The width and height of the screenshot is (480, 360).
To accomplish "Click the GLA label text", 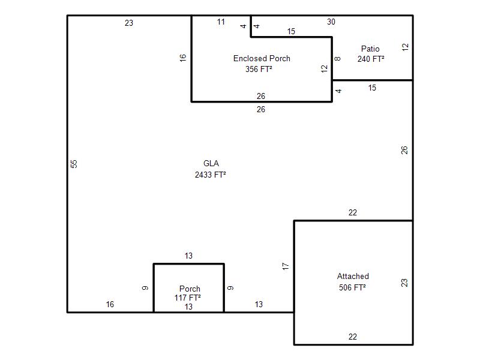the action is coord(211,163).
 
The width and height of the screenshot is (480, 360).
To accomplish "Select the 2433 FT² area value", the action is coord(211,175).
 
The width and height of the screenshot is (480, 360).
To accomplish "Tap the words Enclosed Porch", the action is coord(262,58).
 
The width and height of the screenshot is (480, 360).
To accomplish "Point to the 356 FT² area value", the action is coord(259,69).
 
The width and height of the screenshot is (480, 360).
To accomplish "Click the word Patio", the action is coord(370,49).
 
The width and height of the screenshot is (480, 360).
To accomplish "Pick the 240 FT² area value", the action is coord(371,59).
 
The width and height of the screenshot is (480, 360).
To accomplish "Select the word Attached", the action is coord(353,276).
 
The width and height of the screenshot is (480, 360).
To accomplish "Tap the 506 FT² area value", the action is coord(352,287).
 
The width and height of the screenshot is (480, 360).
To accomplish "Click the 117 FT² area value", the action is coord(188,298).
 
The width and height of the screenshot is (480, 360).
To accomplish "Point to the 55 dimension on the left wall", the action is coord(74,164).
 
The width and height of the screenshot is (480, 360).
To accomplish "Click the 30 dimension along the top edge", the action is coord(331,22).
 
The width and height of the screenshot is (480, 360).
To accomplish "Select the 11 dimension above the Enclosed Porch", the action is coord(221,22).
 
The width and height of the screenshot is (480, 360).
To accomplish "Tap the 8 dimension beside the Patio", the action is coord(337,59).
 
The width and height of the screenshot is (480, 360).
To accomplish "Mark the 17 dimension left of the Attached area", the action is coord(286,266).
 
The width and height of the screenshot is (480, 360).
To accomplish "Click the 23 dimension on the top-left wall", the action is coord(129,23).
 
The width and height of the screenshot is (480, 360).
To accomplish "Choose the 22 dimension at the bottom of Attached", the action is coord(353,337).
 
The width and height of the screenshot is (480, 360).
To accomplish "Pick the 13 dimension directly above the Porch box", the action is coord(188,256).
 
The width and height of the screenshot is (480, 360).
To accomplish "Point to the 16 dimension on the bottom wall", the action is coord(110,305).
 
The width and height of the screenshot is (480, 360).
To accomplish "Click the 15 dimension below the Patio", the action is coord(372,88).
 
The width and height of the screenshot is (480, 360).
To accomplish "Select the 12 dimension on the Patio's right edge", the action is coord(405,47).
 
